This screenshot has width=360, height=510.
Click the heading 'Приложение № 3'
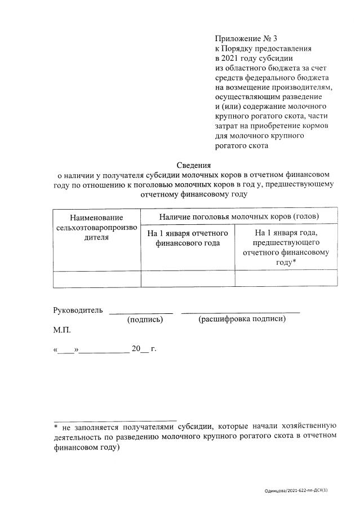point(246,39)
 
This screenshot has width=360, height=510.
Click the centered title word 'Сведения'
point(193,165)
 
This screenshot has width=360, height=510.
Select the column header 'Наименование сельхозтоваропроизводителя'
point(96,227)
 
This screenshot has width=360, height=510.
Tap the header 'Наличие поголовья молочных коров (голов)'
point(239,216)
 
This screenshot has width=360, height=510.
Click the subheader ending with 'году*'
point(286,247)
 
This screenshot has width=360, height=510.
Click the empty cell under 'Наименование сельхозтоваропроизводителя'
point(96,279)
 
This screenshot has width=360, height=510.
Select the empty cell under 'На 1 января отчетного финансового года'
point(187,279)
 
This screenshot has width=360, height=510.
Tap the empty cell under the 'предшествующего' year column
point(286,279)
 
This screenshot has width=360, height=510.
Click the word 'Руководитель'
point(78,311)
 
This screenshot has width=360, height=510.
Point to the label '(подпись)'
point(145,320)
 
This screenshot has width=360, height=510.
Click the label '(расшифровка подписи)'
point(242,320)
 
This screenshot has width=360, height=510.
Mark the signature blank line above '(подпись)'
point(140,312)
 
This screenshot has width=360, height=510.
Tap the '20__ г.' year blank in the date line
point(144,349)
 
